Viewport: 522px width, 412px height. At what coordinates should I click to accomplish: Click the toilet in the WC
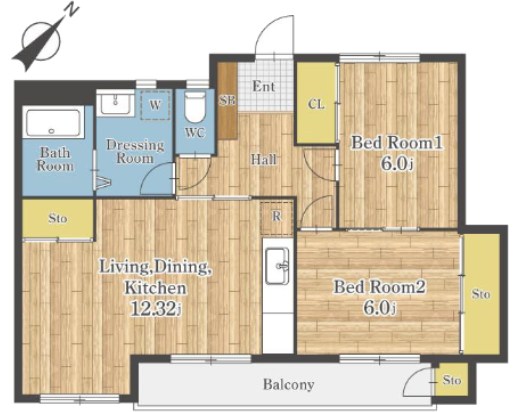click(x=195, y=107)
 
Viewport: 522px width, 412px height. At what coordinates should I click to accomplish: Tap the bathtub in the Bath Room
click(x=53, y=123)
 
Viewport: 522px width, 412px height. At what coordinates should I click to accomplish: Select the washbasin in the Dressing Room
click(x=115, y=103)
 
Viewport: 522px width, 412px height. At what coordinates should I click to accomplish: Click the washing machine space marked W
click(x=155, y=105)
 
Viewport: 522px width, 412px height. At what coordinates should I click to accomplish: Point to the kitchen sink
click(x=277, y=266)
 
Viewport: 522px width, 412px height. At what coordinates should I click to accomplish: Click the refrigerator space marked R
click(x=276, y=217)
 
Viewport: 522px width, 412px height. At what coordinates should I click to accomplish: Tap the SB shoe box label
click(x=227, y=100)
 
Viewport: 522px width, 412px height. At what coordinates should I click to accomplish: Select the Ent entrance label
click(x=264, y=87)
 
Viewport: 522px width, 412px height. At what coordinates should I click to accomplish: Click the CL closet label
click(x=316, y=104)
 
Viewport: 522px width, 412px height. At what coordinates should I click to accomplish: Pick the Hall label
click(x=264, y=160)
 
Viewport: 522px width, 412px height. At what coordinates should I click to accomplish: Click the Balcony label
click(x=289, y=385)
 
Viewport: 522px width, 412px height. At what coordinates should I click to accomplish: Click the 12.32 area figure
click(x=154, y=309)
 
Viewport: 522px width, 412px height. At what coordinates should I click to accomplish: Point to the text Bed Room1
click(x=397, y=143)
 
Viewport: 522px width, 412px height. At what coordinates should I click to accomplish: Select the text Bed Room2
click(x=379, y=287)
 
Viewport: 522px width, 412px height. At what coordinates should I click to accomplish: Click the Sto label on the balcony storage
click(x=452, y=380)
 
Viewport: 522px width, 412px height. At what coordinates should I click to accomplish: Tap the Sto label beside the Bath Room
click(x=58, y=219)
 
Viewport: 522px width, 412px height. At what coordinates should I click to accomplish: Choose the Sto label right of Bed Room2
click(x=481, y=294)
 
